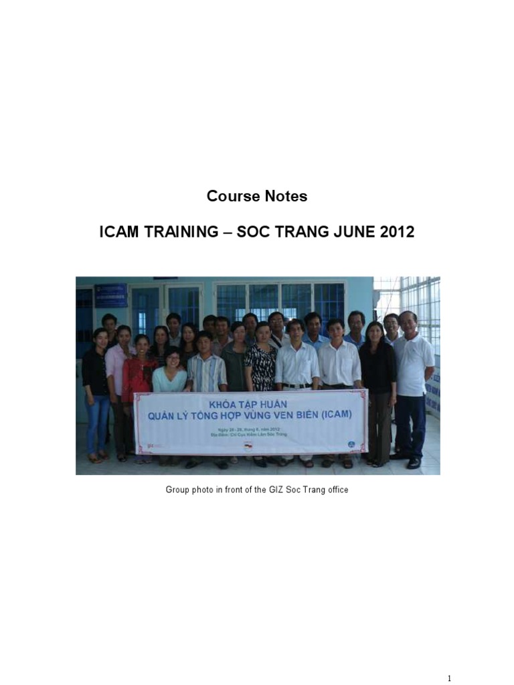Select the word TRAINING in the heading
coord(180,233)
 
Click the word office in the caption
coord(336,490)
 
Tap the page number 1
coord(449,678)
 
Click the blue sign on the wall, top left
coord(110,295)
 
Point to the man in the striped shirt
coord(206,371)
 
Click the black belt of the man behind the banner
coord(296,386)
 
